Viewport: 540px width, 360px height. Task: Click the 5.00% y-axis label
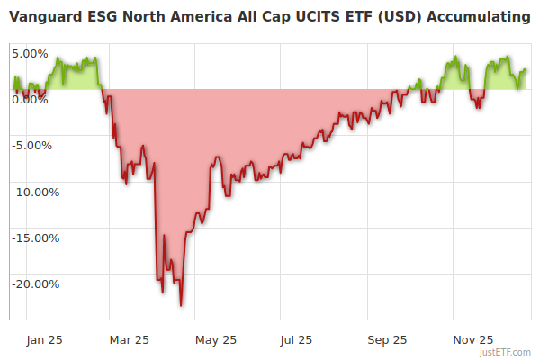(30, 53)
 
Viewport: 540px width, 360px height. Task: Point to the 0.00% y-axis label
(30, 99)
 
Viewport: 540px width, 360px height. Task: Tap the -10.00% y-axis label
(34, 192)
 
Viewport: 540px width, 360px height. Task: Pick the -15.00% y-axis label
(34, 238)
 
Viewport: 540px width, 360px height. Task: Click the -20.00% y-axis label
(34, 283)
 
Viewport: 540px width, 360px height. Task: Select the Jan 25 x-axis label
(44, 339)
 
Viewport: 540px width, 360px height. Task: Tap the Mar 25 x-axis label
(129, 339)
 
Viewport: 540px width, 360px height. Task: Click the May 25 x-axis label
(215, 339)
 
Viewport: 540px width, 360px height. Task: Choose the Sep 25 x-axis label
(387, 339)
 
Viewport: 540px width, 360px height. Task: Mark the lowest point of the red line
(181, 305)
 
